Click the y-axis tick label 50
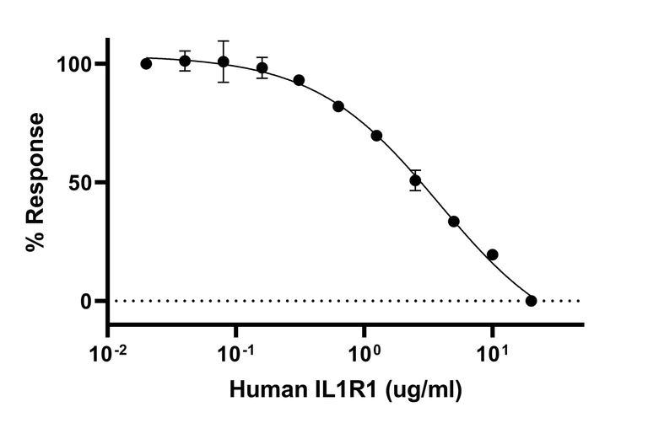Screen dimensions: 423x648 [82, 182]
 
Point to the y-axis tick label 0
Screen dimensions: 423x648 [88, 301]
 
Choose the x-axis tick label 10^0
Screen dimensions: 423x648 [364, 347]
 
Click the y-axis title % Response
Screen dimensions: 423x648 [35, 182]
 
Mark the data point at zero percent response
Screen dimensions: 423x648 [531, 301]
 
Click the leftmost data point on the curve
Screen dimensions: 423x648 [146, 63]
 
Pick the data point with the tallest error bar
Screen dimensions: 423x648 [223, 62]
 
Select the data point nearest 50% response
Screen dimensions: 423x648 [415, 180]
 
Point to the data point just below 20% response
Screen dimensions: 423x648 [492, 254]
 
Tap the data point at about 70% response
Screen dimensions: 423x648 [376, 136]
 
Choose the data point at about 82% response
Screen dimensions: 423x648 [338, 106]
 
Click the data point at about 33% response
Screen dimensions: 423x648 [453, 222]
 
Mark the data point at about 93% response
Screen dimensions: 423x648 [299, 80]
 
